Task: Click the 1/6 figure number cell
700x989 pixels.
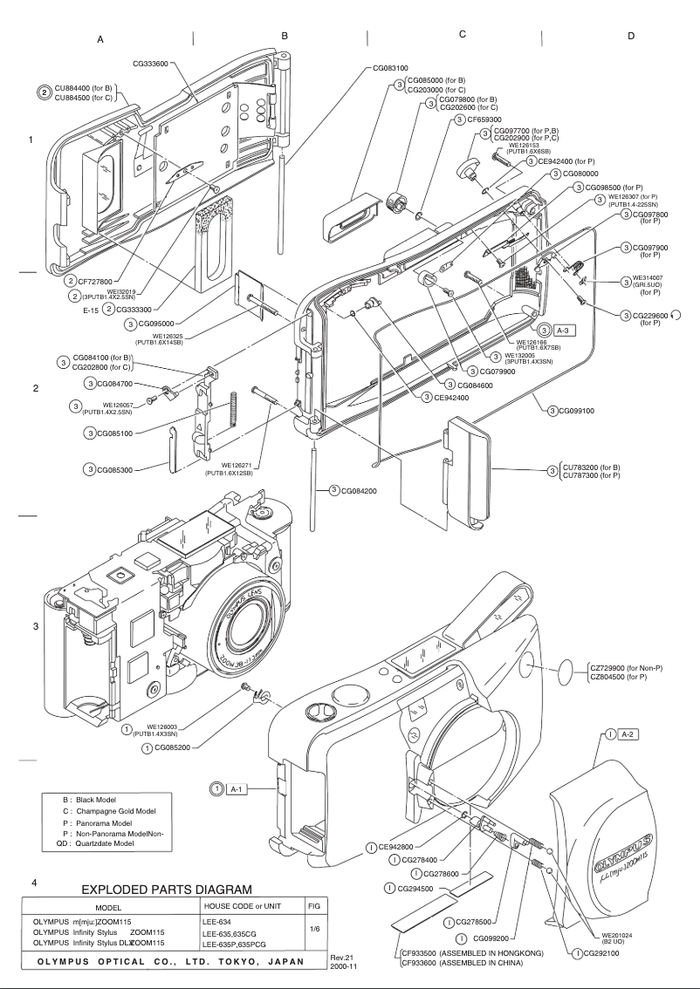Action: point(315,929)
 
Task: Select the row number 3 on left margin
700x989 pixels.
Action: point(35,626)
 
